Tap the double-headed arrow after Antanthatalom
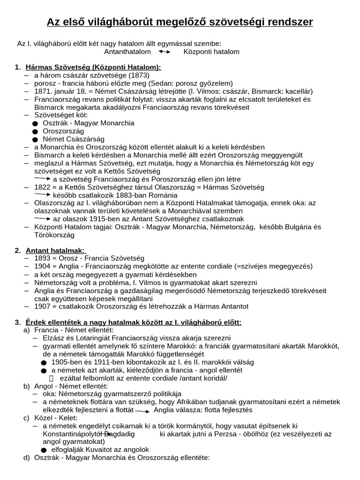[x=164, y=52]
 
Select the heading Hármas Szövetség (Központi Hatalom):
[x=93, y=67]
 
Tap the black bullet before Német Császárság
[x=35, y=140]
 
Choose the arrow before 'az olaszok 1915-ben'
[x=43, y=218]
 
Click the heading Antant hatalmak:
[x=55, y=250]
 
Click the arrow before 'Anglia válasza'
[x=142, y=411]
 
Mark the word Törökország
[x=55, y=235]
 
